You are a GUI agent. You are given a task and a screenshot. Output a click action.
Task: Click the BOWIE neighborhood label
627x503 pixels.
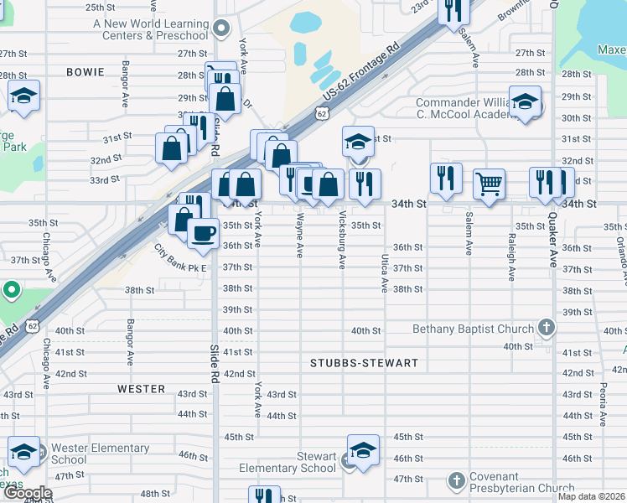click(x=86, y=73)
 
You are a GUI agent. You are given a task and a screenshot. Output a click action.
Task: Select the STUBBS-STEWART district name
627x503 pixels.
click(x=364, y=363)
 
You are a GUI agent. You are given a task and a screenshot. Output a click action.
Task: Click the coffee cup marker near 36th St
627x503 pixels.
click(x=203, y=233)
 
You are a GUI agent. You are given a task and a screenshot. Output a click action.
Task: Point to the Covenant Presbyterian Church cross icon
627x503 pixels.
click(x=456, y=481)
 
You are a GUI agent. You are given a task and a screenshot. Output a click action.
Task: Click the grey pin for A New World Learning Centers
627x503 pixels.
click(x=221, y=29)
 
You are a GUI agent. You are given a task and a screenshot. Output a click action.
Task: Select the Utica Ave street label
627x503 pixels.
click(x=385, y=274)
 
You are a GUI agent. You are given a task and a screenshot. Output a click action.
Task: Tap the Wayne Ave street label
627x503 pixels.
click(x=299, y=235)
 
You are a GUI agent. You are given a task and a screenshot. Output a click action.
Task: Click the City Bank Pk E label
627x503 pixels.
click(x=179, y=257)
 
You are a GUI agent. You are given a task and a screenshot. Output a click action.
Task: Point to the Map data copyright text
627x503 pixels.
click(x=592, y=496)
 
